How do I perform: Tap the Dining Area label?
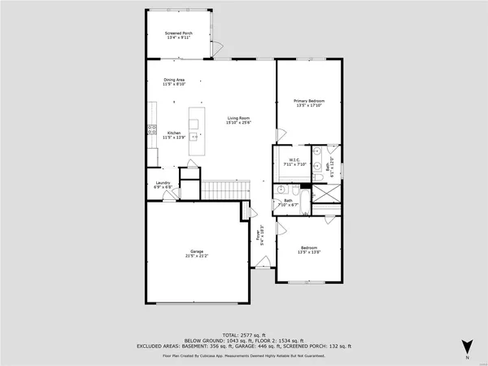[x=175, y=81]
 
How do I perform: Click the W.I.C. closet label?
[x=291, y=163]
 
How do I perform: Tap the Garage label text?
[x=197, y=253]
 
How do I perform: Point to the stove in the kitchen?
[x=151, y=129]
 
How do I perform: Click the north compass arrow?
[x=466, y=346]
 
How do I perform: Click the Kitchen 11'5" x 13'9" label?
[x=175, y=135]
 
